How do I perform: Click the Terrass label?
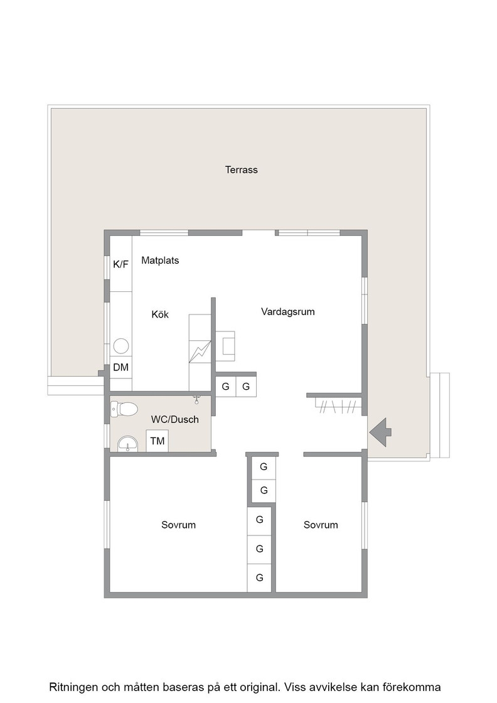[x=241, y=170]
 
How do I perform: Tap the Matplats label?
[x=160, y=260]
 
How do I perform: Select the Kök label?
[x=160, y=314]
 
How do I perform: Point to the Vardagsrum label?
[x=287, y=311]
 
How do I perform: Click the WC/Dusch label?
[x=175, y=419]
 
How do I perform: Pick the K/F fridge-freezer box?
[x=120, y=264]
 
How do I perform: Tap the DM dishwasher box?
[x=120, y=367]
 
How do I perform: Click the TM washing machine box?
[x=158, y=441]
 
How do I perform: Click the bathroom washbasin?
[x=128, y=444]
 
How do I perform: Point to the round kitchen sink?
[x=121, y=346]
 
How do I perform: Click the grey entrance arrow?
[x=380, y=432]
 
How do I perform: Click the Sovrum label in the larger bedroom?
[x=178, y=525]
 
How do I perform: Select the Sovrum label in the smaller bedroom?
[x=321, y=525]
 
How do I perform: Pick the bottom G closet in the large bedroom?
[x=259, y=578]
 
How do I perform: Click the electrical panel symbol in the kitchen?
[x=200, y=351]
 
